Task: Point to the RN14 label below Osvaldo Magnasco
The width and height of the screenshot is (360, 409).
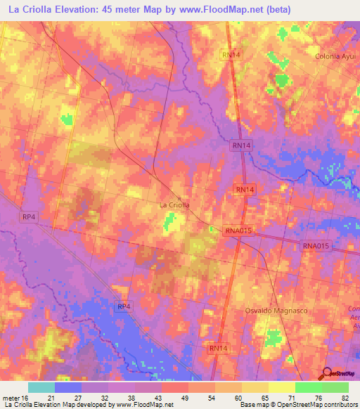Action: click(218, 348)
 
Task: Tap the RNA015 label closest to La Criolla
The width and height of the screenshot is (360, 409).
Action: click(238, 231)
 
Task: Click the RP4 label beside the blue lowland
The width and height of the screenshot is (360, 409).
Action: click(124, 306)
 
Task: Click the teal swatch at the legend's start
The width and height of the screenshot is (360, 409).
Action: click(41, 387)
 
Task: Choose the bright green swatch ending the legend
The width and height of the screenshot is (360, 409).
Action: click(335, 387)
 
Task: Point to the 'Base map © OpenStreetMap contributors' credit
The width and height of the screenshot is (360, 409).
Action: click(298, 405)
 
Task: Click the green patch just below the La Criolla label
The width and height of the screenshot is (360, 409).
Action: click(169, 223)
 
